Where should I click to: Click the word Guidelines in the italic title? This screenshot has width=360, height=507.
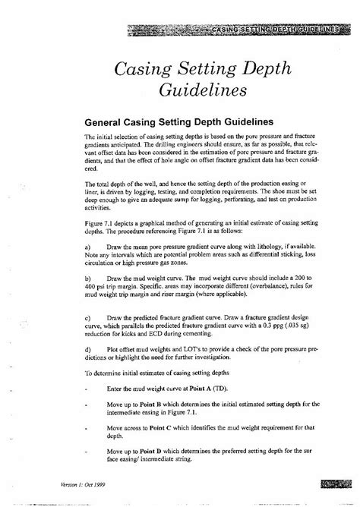pos(203,90)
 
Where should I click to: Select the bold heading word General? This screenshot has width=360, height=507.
pos(106,121)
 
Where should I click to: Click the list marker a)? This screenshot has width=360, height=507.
pos(88,247)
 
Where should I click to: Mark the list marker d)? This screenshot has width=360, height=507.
pos(88,348)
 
